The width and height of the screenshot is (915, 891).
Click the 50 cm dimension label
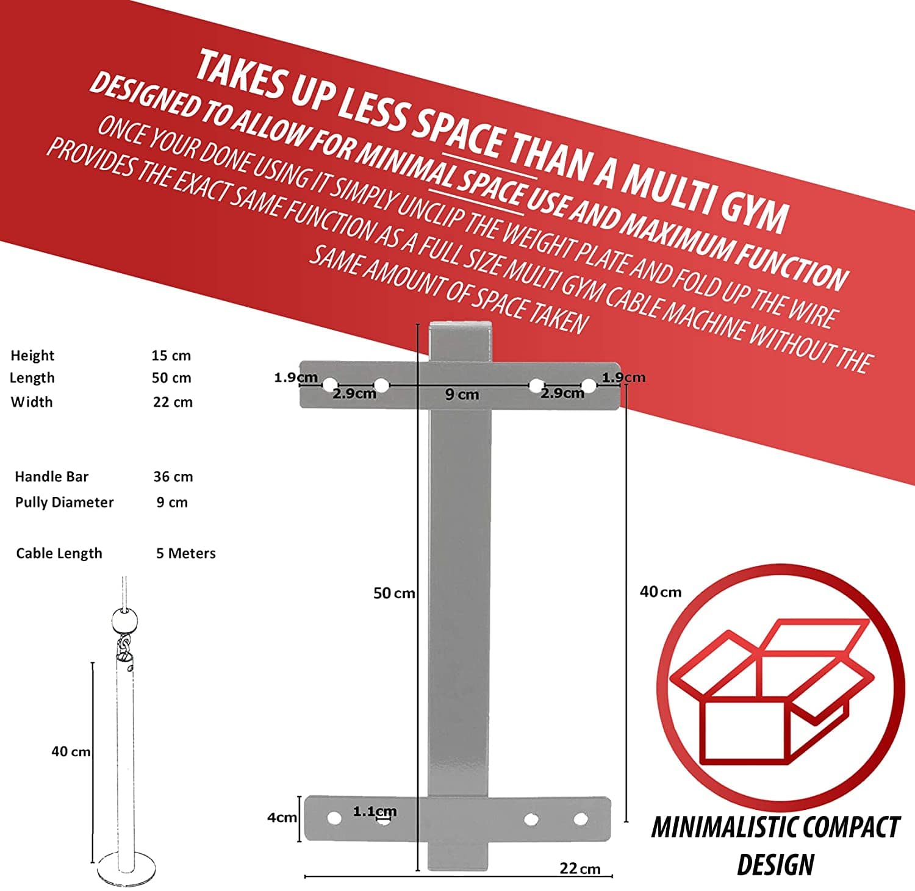pos(394,593)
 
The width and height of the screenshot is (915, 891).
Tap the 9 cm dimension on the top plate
pos(462,395)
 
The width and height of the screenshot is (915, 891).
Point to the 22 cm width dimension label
pos(580,868)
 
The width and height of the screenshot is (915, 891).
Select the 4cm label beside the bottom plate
pos(282,817)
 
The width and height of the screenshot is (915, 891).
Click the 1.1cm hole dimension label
pos(375,812)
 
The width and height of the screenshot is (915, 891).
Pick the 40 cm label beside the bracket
pos(661,592)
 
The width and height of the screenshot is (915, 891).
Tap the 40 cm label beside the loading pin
pos(71,752)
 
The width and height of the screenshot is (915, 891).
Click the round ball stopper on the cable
pos(124,622)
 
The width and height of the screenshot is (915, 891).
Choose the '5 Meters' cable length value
pos(186,553)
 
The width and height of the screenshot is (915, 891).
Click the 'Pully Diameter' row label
pos(64,503)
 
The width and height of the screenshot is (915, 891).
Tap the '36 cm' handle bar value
pos(173,477)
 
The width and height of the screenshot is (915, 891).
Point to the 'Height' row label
pos(32,356)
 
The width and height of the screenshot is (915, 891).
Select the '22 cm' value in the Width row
pos(173,402)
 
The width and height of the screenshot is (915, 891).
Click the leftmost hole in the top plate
pos(329,385)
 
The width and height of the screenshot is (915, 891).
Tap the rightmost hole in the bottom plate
pos(581,818)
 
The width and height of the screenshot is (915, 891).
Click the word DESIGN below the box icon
pos(775,865)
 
